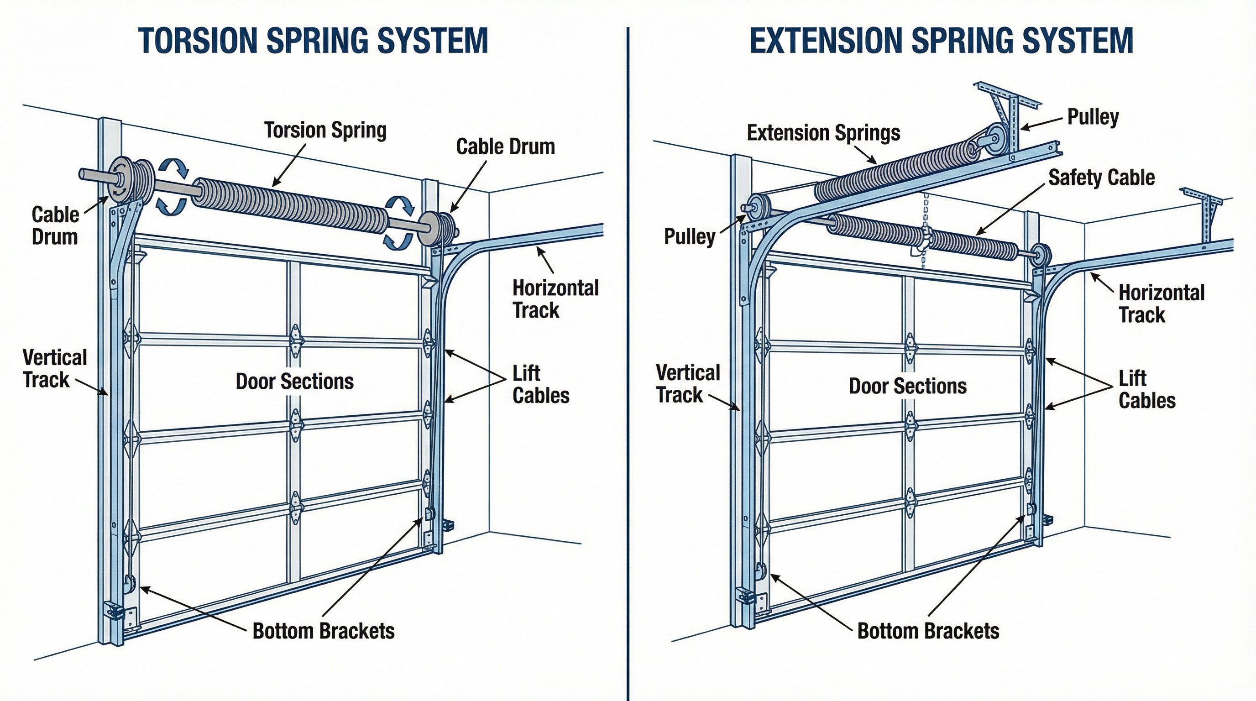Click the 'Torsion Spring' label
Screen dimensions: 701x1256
click(325, 130)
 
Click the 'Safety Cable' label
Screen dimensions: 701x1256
click(1101, 178)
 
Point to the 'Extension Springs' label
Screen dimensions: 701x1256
click(823, 133)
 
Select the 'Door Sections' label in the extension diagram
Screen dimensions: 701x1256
click(907, 386)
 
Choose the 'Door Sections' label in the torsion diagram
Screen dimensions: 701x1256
click(294, 381)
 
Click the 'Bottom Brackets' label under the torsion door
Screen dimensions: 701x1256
click(323, 631)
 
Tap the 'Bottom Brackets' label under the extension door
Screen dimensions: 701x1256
click(928, 631)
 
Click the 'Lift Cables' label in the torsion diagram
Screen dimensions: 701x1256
click(541, 384)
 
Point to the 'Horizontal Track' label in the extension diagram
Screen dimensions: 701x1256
click(1161, 303)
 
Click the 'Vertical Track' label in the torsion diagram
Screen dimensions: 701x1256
click(54, 368)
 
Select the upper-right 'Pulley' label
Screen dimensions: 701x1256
click(1093, 117)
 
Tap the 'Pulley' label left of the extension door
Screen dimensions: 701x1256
click(690, 236)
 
